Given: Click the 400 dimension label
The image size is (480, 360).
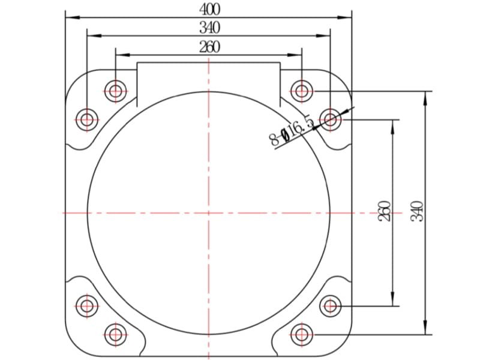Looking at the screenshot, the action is pos(209,10).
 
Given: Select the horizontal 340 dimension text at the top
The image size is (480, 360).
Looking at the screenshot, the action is pos(209,28).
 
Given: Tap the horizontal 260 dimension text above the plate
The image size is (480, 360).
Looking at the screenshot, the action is pos(209,47).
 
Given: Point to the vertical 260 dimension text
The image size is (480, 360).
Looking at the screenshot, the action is pos(385,211).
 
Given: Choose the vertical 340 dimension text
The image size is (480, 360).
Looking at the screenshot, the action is pos(416,211).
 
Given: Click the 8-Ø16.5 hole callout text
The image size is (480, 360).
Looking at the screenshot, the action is pos(292,131).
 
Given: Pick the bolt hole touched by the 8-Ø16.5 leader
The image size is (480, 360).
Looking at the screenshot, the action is pos(331,119).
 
